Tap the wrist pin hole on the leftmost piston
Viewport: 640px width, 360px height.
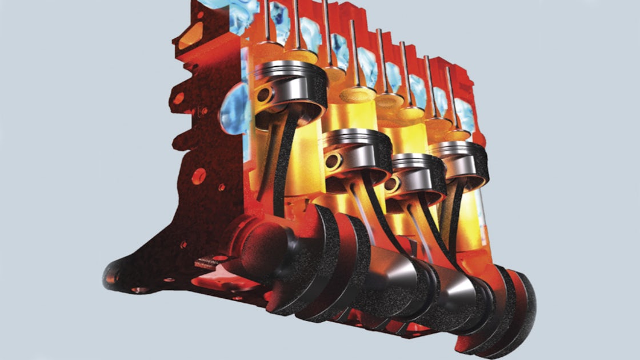coord(263,95)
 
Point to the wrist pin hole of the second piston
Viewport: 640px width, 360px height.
coord(330,162)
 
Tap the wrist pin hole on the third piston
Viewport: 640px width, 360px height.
coord(393,184)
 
